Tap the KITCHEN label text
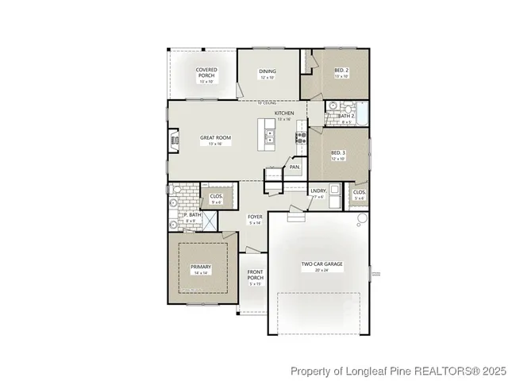[x=285, y=114]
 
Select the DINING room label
[x=267, y=71]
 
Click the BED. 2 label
[x=341, y=71]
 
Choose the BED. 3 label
[x=338, y=152]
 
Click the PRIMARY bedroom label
[x=201, y=267]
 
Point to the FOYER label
[x=255, y=216]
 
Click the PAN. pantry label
[x=294, y=167]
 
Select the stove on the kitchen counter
[x=302, y=140]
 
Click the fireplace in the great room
[x=173, y=141]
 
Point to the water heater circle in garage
[x=363, y=219]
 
